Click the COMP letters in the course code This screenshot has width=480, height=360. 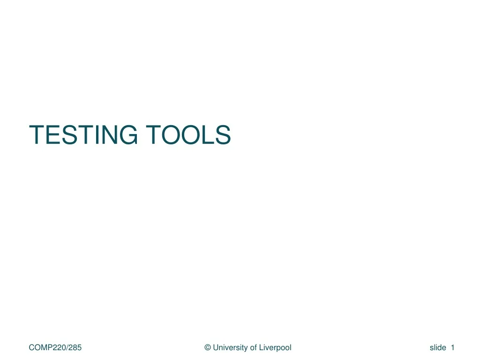tap(40, 347)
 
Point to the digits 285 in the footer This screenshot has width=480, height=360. tap(75, 347)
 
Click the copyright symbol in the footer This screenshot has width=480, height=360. tap(208, 347)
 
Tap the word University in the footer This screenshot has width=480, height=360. tap(230, 347)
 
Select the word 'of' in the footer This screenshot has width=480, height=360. tap(253, 347)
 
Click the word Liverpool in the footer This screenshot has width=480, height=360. tap(275, 347)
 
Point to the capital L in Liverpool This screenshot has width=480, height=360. tap(261, 347)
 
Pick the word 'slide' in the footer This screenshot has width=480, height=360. tap(438, 347)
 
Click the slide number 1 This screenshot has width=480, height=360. tap(453, 347)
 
